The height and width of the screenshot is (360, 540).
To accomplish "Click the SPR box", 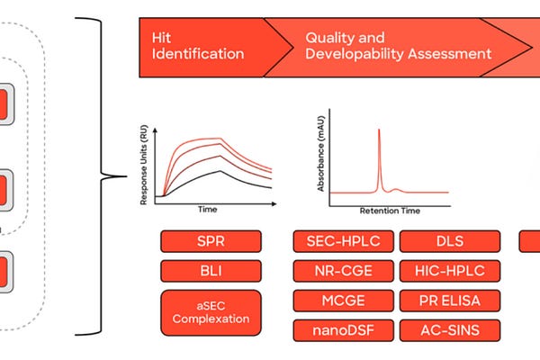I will [x=211, y=241].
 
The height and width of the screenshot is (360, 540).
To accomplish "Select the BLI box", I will [x=211, y=271].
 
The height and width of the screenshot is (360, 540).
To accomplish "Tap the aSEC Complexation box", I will [x=211, y=310].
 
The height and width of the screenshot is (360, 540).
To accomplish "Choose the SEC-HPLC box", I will [x=341, y=241].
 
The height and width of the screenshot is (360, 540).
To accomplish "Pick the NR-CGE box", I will [x=341, y=271].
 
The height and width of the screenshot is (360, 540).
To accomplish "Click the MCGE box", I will [x=341, y=301].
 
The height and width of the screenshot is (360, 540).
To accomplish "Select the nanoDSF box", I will [x=341, y=330].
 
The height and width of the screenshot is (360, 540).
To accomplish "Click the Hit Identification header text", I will [x=199, y=46].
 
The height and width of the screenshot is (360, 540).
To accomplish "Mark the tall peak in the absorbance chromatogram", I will [x=379, y=153].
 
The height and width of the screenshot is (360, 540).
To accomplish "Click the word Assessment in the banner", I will [x=454, y=54].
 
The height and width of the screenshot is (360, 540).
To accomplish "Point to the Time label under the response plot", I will [x=208, y=209].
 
